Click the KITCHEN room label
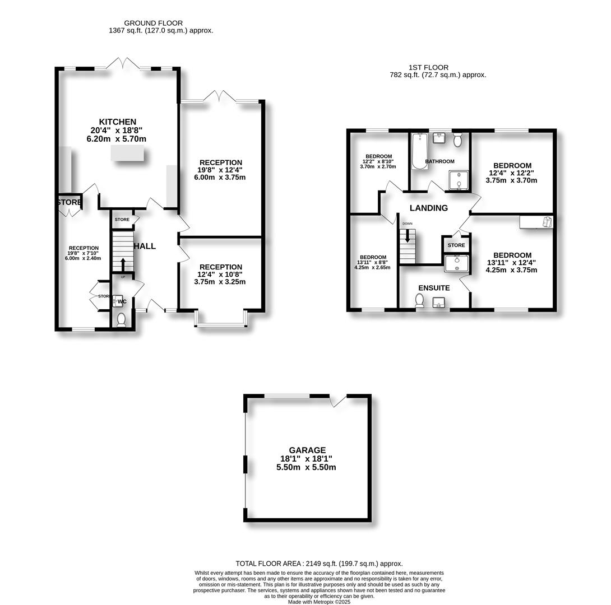[118, 122]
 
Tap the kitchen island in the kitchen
[127, 154]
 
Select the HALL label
[144, 246]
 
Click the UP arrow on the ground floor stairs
[123, 263]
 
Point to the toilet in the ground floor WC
[122, 319]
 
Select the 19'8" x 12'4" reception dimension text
[220, 170]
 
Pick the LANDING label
[428, 208]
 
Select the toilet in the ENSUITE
[419, 301]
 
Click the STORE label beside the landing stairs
[456, 245]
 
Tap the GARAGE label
[307, 450]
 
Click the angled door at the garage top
[338, 400]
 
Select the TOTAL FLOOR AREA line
[318, 564]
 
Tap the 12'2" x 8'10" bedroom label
[379, 161]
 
